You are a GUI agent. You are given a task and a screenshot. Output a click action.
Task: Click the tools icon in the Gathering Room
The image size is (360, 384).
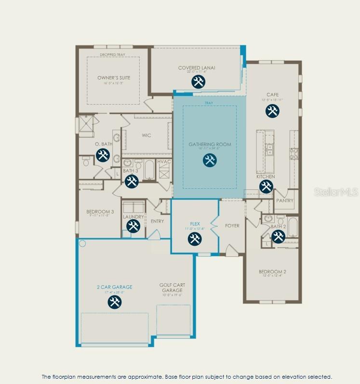point(210,160)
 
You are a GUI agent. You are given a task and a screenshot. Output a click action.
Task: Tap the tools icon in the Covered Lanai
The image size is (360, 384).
point(198,81)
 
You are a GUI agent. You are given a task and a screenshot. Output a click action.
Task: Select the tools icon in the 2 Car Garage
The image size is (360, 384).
point(114,302)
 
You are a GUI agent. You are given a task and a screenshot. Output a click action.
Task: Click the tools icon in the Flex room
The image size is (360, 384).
point(195,238)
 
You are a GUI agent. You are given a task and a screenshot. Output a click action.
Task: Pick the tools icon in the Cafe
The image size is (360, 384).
point(272,111)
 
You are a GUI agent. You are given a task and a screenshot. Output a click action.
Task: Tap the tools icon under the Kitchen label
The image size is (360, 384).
point(266,186)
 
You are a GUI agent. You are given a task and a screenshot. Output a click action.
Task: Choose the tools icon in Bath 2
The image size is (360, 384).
point(278,236)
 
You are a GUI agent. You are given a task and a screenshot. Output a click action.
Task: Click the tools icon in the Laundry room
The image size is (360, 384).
point(133,226)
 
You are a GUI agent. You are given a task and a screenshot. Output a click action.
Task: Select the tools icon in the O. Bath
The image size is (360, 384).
point(103,155)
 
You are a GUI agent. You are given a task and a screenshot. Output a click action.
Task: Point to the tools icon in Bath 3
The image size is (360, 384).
point(131,181)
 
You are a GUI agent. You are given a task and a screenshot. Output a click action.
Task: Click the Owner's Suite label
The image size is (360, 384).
point(114,78)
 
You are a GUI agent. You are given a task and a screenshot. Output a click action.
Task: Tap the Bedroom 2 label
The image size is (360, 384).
point(273,272)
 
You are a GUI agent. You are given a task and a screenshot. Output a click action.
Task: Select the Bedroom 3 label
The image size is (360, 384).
point(100,212)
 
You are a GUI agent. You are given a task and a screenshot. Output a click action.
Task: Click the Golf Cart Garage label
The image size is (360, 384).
point(172,288)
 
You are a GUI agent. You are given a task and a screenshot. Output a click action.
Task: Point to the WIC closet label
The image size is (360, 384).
point(146,135)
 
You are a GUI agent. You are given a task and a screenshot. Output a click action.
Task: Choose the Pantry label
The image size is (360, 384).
point(284,200)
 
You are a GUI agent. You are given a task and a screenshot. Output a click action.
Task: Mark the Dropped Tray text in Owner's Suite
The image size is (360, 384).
point(112,55)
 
